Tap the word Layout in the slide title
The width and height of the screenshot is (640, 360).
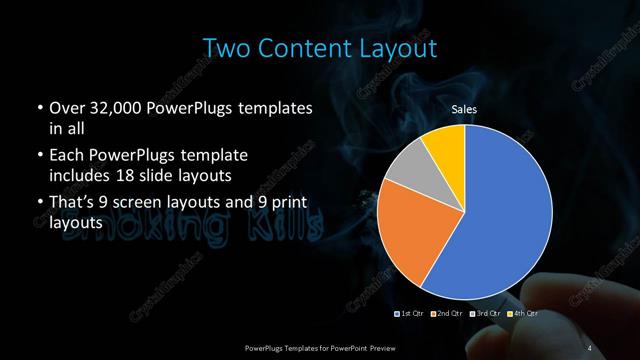[399, 47]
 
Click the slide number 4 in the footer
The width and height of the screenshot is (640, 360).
[590, 347]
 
